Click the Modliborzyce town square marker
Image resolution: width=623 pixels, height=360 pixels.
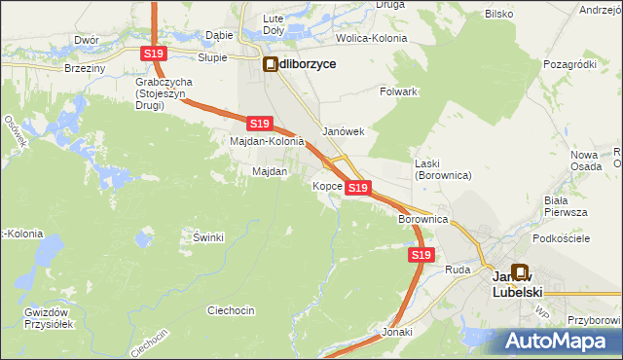coord(271,64)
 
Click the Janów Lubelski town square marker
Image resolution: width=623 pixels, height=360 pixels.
coord(519,274)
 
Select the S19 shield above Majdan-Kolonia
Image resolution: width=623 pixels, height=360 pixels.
coord(258,124)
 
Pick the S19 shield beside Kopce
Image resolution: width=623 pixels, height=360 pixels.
coord(357,187)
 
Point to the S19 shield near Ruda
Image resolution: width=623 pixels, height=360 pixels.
coord(420,255)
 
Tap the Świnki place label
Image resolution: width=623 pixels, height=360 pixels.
coord(208,237)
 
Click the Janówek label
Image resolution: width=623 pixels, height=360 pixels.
coord(343,131)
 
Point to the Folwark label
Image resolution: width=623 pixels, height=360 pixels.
coord(398,91)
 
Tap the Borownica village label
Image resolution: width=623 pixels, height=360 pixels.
coord(422,220)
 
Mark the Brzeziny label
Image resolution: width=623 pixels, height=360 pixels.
coord(85,69)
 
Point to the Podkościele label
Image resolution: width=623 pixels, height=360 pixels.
coord(563,238)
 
